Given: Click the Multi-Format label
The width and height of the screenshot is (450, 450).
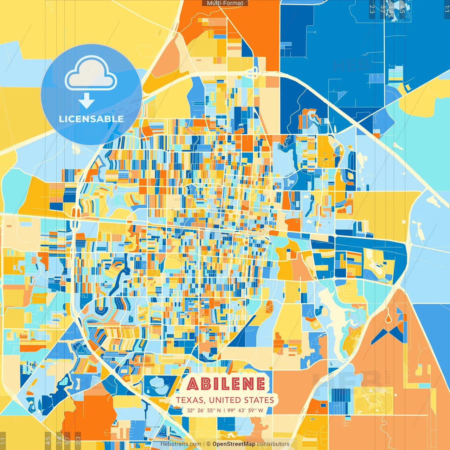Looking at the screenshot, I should click(225, 3).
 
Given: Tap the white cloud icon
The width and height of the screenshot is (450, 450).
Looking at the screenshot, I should click(91, 74).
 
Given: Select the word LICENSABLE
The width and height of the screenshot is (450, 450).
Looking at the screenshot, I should click(91, 119).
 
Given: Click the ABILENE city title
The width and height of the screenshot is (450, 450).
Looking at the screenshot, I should click(226, 384).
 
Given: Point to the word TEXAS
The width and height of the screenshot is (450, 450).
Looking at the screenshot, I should click(190, 400).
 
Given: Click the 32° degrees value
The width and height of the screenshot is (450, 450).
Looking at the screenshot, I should click(191, 410).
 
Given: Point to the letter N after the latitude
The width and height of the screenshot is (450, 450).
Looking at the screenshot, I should click(219, 410).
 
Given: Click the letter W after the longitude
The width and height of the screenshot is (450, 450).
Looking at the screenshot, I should click(261, 410).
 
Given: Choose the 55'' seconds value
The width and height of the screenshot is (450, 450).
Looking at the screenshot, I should click(211, 410).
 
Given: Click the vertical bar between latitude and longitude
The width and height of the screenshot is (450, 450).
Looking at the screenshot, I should click(224, 410).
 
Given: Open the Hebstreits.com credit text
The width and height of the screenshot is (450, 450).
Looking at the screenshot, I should click(181, 444).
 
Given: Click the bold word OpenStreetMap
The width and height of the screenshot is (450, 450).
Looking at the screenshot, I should click(233, 444).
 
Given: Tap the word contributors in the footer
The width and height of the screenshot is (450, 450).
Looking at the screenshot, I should click(273, 444).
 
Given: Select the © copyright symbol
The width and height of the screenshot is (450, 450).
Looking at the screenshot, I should click(208, 444).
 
